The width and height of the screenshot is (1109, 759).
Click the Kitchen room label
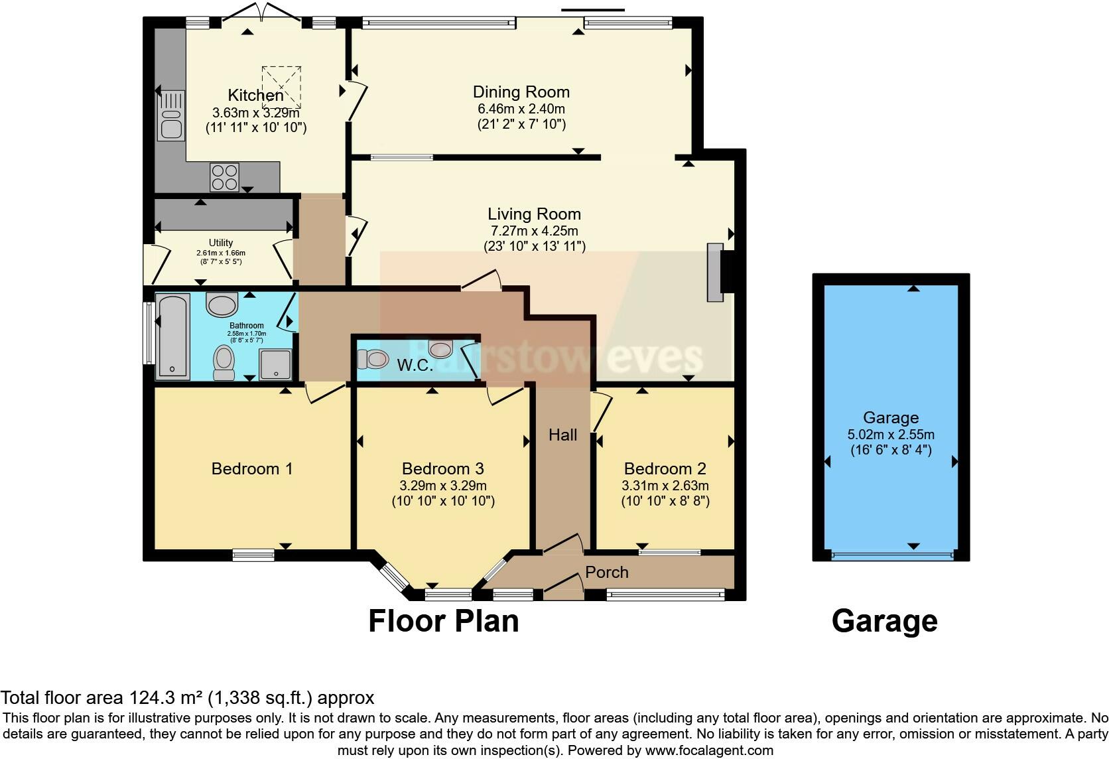pos(255,95)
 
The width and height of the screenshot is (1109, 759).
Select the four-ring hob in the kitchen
pos(224,176)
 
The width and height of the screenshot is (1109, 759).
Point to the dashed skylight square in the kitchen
pos(282,86)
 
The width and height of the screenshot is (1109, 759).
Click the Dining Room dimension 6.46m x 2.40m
pos(521,109)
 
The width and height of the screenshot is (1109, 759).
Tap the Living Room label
pos(534,214)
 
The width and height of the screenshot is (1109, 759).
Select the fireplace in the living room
pos(715,273)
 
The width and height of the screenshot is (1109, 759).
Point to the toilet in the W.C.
pos(373,359)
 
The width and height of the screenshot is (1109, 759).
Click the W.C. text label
pos(415,365)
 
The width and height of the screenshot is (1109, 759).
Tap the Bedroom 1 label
pos(252,469)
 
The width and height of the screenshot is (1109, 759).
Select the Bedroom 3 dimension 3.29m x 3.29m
pos(443,486)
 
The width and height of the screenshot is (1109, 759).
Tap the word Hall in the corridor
pos(562,435)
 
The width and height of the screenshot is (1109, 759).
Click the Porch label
pos(606,573)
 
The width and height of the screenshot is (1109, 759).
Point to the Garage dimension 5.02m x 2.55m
pos(891,435)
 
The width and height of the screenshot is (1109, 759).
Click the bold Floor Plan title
pos(443,622)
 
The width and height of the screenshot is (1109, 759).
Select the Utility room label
pos(221,243)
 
